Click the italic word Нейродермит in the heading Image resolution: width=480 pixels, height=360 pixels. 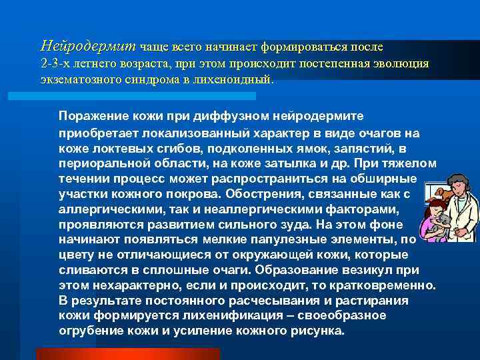click(88, 46)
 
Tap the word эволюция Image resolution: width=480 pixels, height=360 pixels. click(400, 63)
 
